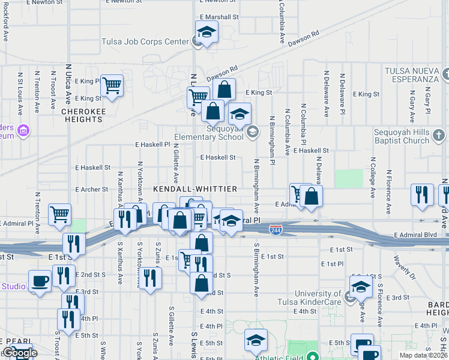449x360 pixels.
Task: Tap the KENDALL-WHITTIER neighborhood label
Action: click(195, 189)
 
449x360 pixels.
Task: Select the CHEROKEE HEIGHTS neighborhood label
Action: click(82, 115)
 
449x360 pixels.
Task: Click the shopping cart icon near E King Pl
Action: click(112, 86)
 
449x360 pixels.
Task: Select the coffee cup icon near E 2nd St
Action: click(40, 281)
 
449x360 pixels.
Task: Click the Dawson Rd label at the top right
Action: click(303, 40)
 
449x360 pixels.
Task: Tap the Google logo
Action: click(19, 353)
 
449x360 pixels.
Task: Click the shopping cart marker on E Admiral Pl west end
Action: click(60, 214)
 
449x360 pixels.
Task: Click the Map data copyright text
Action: click(423, 355)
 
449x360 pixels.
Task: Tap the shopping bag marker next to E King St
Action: click(223, 90)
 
